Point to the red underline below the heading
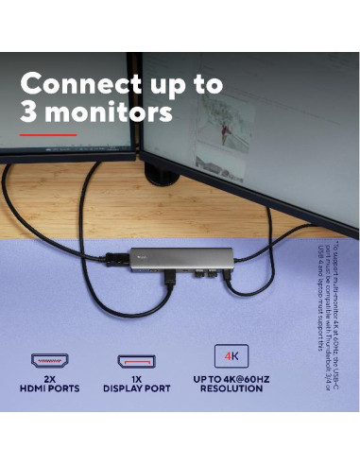tap(47, 134)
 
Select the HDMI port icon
tap(49, 360)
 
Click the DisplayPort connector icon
tap(135, 360)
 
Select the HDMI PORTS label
tap(49, 388)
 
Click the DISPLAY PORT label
tap(135, 388)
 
